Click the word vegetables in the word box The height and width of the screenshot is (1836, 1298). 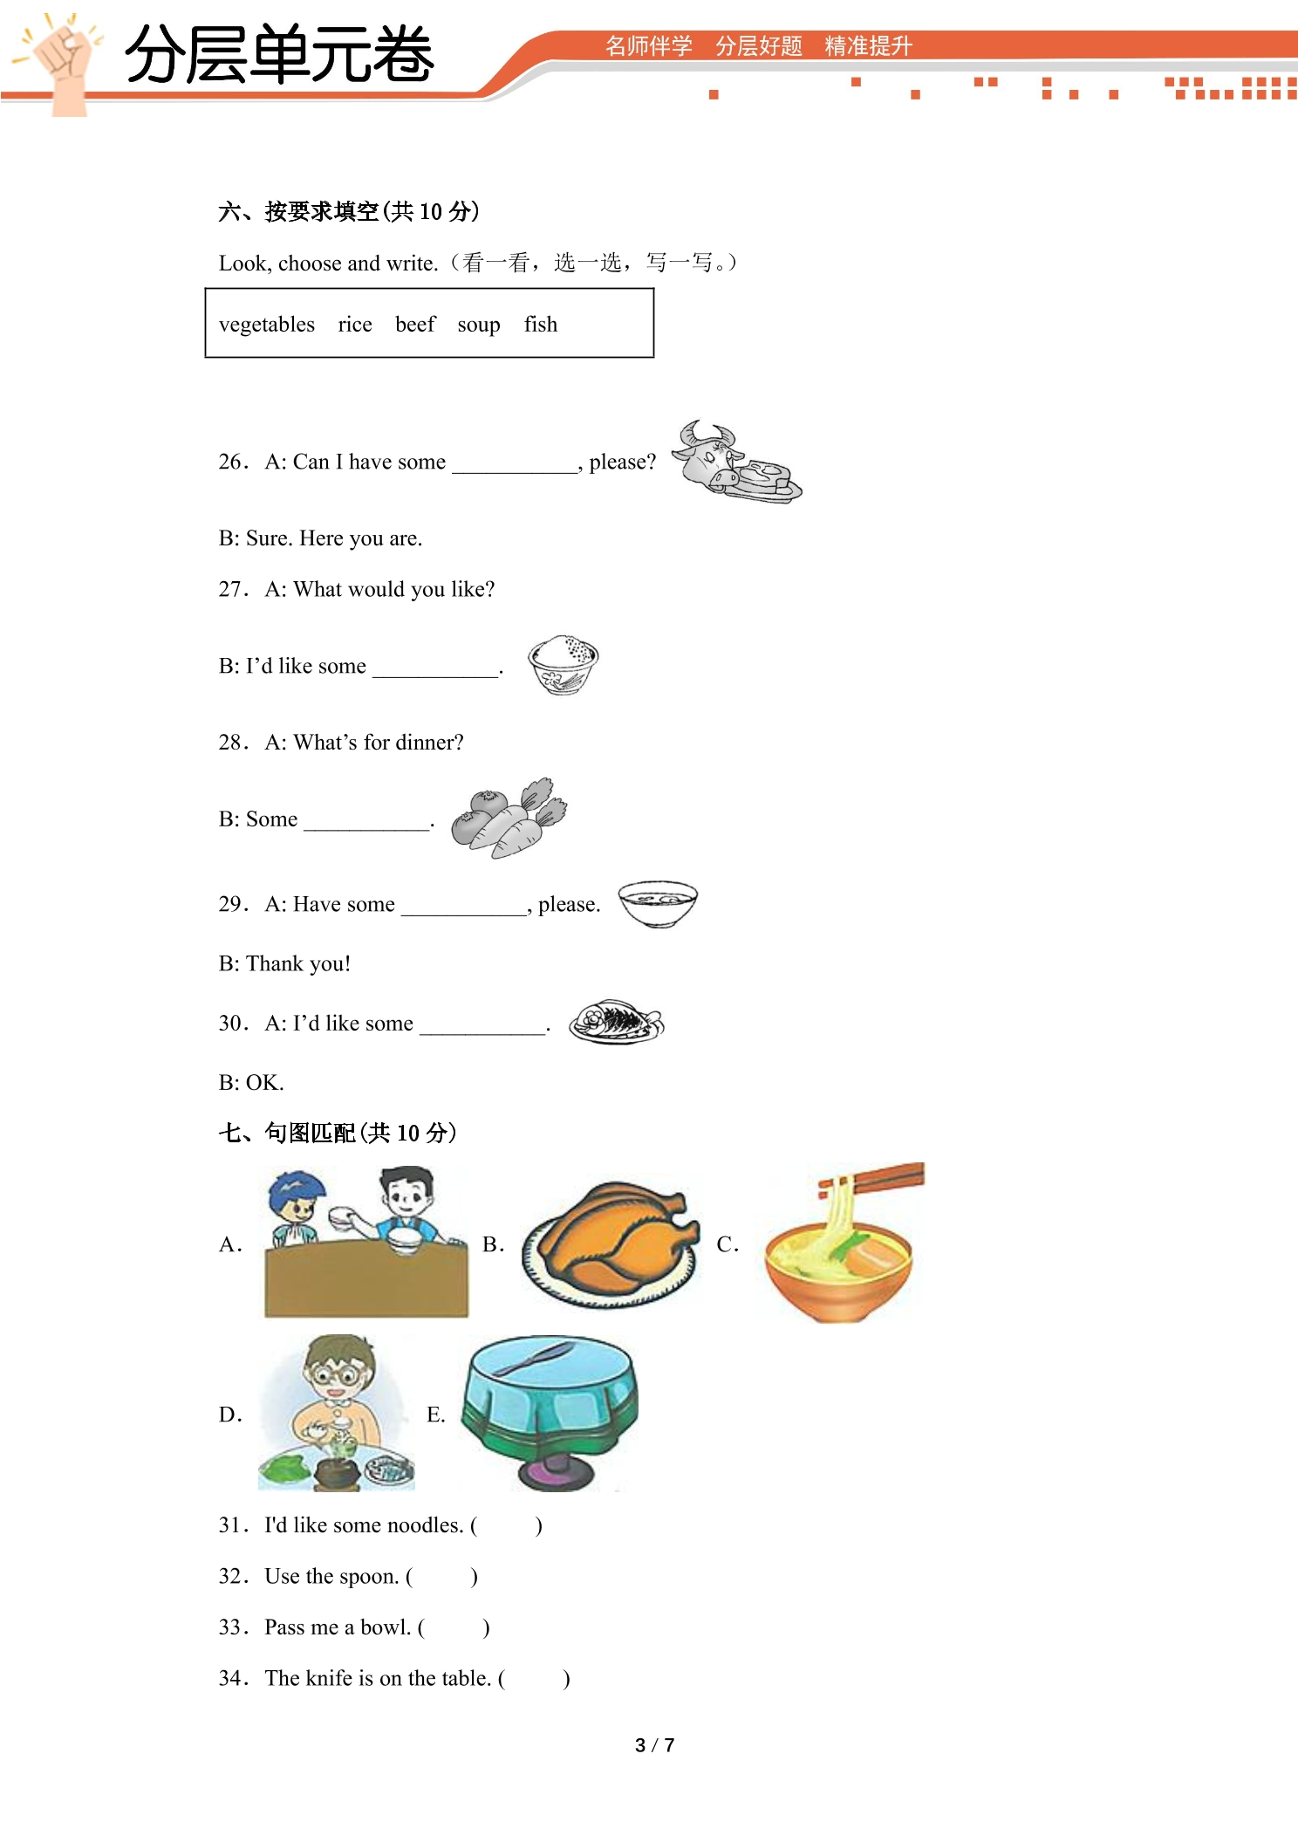(x=267, y=325)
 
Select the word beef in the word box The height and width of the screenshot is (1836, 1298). (x=415, y=324)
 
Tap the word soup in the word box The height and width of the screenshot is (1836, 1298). (x=479, y=325)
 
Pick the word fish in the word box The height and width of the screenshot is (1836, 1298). (x=541, y=324)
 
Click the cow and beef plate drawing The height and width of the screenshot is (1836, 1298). (x=737, y=462)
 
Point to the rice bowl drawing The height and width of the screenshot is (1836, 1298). (x=564, y=665)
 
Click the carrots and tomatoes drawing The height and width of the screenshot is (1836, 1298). (x=509, y=819)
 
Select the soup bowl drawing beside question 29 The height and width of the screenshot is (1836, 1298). (x=658, y=903)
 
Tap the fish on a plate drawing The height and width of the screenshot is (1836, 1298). (x=617, y=1022)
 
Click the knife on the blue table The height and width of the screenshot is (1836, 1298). (x=534, y=1359)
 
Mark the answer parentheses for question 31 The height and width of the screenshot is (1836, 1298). (x=507, y=1525)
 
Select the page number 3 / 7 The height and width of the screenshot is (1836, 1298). (x=654, y=1745)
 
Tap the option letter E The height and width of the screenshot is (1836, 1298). (x=434, y=1415)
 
